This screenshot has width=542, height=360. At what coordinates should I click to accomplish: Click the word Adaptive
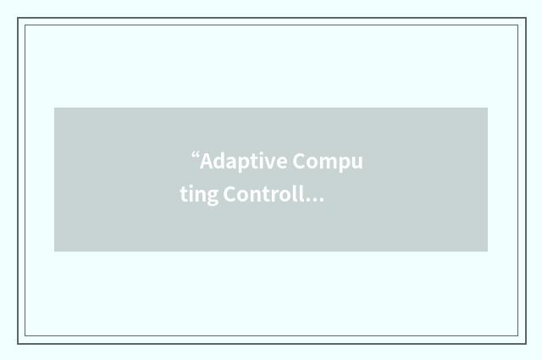243,161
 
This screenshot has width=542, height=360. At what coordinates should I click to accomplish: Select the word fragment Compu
328,161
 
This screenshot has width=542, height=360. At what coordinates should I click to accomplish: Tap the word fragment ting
199,195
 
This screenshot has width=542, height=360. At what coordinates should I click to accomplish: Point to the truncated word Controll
263,194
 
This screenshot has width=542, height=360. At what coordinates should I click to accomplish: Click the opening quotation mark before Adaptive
195,157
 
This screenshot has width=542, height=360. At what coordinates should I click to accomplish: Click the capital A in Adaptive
206,161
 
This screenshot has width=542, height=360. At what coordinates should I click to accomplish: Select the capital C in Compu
299,161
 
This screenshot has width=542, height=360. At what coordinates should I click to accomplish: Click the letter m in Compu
327,162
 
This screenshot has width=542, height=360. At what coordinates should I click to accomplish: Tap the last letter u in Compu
356,162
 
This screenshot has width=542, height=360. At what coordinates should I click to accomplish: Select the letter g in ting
212,197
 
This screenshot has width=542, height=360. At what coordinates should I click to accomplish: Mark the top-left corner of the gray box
55,108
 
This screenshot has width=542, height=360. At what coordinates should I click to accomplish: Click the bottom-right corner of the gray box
487,251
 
